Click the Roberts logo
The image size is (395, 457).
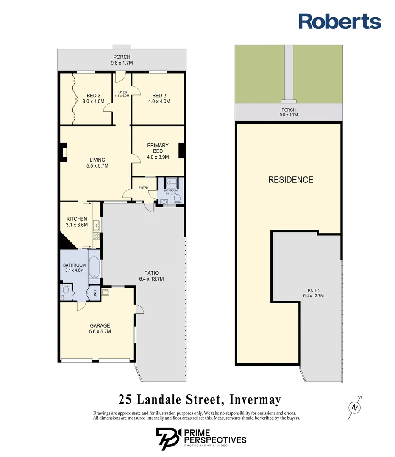(x=339, y=21)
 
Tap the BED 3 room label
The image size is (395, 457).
(x=93, y=96)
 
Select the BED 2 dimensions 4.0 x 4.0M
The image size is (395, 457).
(x=159, y=102)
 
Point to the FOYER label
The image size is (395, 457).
(x=122, y=92)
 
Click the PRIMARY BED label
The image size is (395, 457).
(x=158, y=148)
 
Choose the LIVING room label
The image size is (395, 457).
(x=97, y=160)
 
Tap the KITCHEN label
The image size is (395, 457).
(x=77, y=219)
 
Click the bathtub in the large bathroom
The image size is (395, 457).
(x=94, y=267)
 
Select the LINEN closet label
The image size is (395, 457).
(x=95, y=293)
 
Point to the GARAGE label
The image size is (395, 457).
(x=100, y=325)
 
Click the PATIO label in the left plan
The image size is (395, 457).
(x=152, y=273)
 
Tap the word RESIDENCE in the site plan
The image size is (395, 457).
(x=291, y=180)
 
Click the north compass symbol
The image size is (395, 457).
(x=355, y=407)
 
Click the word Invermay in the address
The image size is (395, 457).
(x=255, y=399)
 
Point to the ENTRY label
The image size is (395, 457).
(x=144, y=188)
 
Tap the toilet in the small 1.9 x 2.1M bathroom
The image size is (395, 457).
(x=177, y=199)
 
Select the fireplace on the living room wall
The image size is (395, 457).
(x=63, y=152)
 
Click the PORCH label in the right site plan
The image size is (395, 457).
(x=289, y=110)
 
